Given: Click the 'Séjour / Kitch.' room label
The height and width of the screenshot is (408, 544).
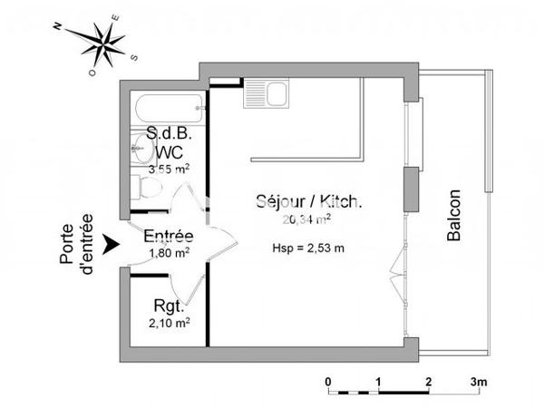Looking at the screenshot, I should (296, 203).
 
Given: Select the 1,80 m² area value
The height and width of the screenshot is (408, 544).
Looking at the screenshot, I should (168, 253).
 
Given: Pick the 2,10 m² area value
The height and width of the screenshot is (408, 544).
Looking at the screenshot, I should (169, 322).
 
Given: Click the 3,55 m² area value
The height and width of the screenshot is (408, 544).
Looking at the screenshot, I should (169, 169).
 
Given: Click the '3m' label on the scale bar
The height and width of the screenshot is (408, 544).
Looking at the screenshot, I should (479, 381).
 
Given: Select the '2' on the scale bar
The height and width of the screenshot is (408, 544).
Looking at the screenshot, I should (428, 381).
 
